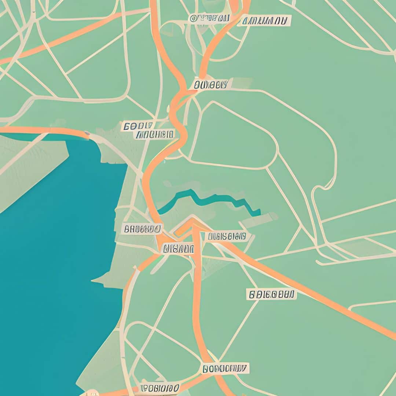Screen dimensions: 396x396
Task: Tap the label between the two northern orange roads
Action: pyautogui.click(x=209, y=18)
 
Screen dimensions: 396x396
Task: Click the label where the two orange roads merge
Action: pyautogui.click(x=210, y=85)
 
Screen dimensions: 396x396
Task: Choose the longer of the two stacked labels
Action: pyautogui.click(x=154, y=135)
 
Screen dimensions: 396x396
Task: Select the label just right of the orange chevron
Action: pyautogui.click(x=227, y=236)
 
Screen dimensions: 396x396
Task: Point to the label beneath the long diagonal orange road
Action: pyautogui.click(x=271, y=294)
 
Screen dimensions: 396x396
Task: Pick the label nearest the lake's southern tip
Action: pyautogui.click(x=160, y=388)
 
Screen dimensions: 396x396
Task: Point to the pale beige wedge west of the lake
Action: pyautogui.click(x=29, y=165)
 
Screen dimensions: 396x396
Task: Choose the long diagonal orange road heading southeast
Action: pyautogui.click(x=312, y=293)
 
